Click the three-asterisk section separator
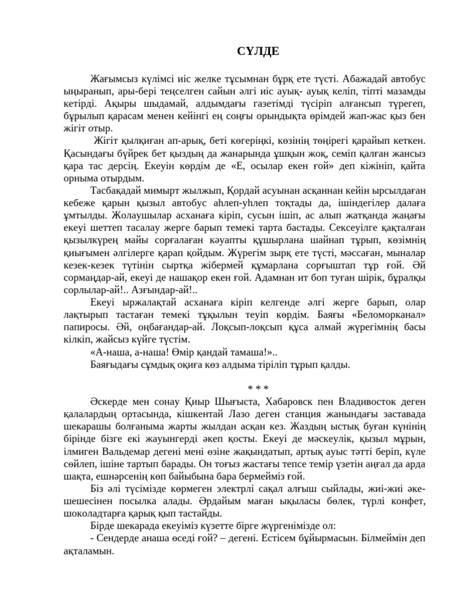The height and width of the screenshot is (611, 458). click(x=253, y=389)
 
